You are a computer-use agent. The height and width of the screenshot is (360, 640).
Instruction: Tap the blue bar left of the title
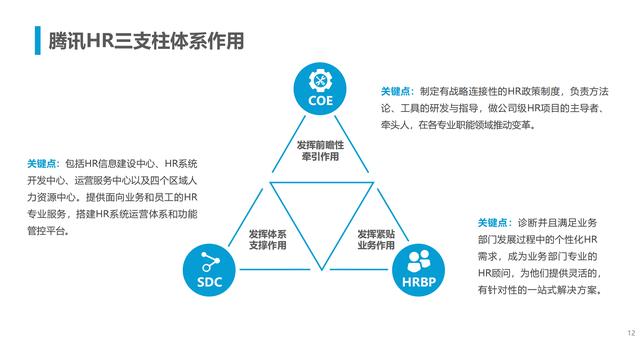point(38,40)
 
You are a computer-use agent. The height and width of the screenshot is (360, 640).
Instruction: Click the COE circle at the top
point(320,87)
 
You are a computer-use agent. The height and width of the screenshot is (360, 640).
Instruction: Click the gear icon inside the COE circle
point(320,79)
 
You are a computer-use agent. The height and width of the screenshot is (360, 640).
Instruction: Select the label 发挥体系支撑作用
point(269,239)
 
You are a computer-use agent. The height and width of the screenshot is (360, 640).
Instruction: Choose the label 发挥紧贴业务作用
point(373,239)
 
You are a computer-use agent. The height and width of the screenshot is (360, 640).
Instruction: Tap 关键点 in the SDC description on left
point(44,164)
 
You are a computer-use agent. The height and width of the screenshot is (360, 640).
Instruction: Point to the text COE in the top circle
point(320,100)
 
